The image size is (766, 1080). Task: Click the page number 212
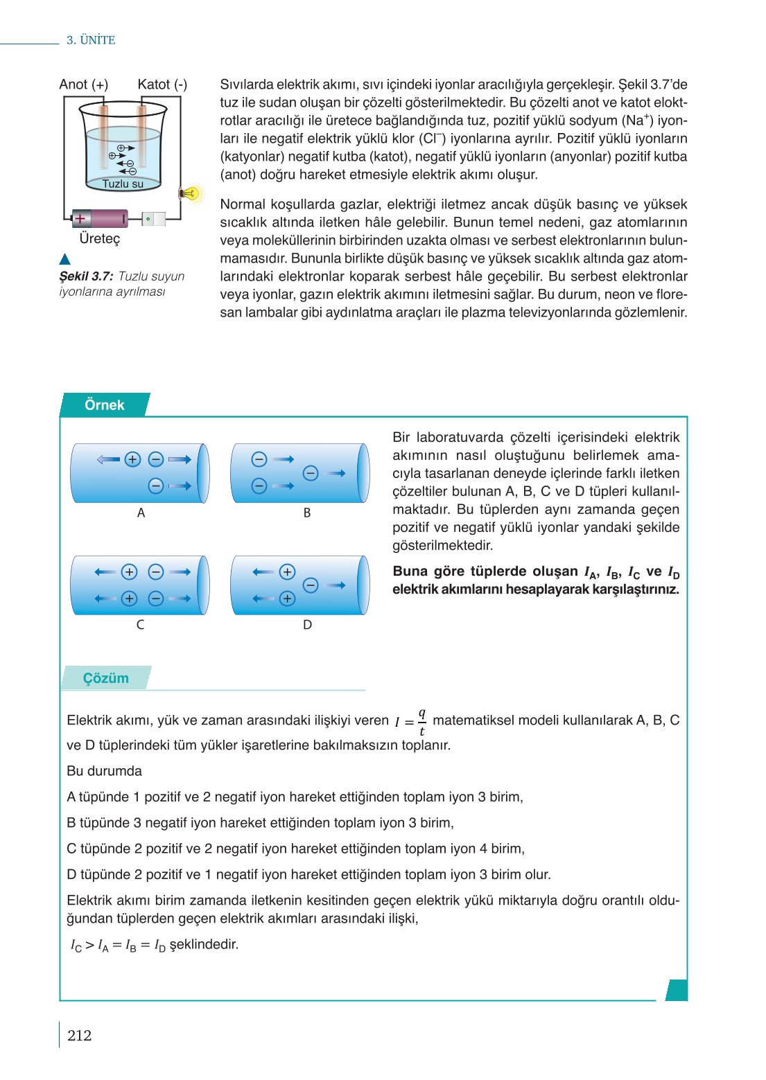[x=79, y=1035]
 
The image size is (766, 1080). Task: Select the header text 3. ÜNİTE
[x=91, y=40]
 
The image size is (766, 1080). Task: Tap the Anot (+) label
[x=83, y=85]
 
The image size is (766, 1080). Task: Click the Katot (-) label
[x=162, y=85]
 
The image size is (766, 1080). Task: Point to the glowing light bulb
[x=190, y=194]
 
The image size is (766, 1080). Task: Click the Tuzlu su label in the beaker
[x=123, y=184]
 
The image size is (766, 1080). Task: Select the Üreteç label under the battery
[x=99, y=238]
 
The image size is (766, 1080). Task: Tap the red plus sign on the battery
[x=80, y=219]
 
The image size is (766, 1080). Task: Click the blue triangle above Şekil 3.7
[x=65, y=260]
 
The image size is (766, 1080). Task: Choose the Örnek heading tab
[x=104, y=405]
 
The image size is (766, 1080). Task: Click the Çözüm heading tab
[x=105, y=678]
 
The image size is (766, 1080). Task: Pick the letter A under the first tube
[x=141, y=513]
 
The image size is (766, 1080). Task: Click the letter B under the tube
[x=306, y=513]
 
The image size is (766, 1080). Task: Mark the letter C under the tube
[x=140, y=625]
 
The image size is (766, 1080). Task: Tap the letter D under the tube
[x=307, y=625]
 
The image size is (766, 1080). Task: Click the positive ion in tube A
[x=132, y=459]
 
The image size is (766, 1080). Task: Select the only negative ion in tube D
[x=311, y=585]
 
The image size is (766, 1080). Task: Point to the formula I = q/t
[x=410, y=721]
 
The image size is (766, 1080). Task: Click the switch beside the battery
[x=153, y=219]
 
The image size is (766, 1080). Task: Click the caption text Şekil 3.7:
[x=86, y=276]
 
